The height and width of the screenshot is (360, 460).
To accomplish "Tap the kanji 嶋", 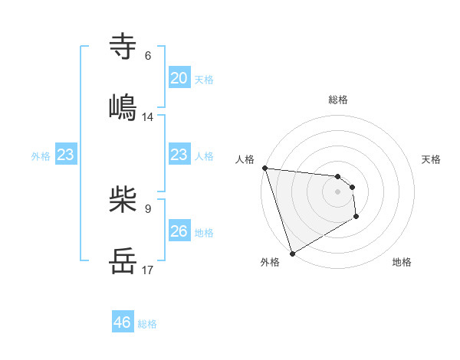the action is coord(123,106).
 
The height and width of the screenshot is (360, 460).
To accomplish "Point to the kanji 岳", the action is coord(123,260).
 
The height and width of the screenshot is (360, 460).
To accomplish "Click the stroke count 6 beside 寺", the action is coord(148,56).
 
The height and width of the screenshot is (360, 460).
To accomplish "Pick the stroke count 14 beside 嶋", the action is coord(148,116).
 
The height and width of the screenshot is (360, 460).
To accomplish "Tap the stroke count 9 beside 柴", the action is coord(148,208).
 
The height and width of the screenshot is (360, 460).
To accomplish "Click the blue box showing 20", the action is coord(179,78).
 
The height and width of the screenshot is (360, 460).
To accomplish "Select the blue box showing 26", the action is coord(179,231).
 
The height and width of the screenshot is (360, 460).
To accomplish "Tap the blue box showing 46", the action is coord(123,322).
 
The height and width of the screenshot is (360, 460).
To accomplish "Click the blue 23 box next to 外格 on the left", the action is coord(66,155).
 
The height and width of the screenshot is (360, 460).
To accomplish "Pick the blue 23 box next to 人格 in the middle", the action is coord(179,155).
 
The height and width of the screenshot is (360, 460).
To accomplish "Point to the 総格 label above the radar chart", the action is coord(338,100).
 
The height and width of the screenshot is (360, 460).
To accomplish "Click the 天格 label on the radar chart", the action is coord(432,159).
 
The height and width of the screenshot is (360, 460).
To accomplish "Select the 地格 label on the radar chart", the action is coord(402,262).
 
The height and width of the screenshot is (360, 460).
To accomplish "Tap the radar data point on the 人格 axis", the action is coord(264,168).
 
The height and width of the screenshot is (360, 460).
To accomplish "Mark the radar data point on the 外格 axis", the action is coord(292,253).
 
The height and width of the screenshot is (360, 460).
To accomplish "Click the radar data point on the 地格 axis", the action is coord(356,218).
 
